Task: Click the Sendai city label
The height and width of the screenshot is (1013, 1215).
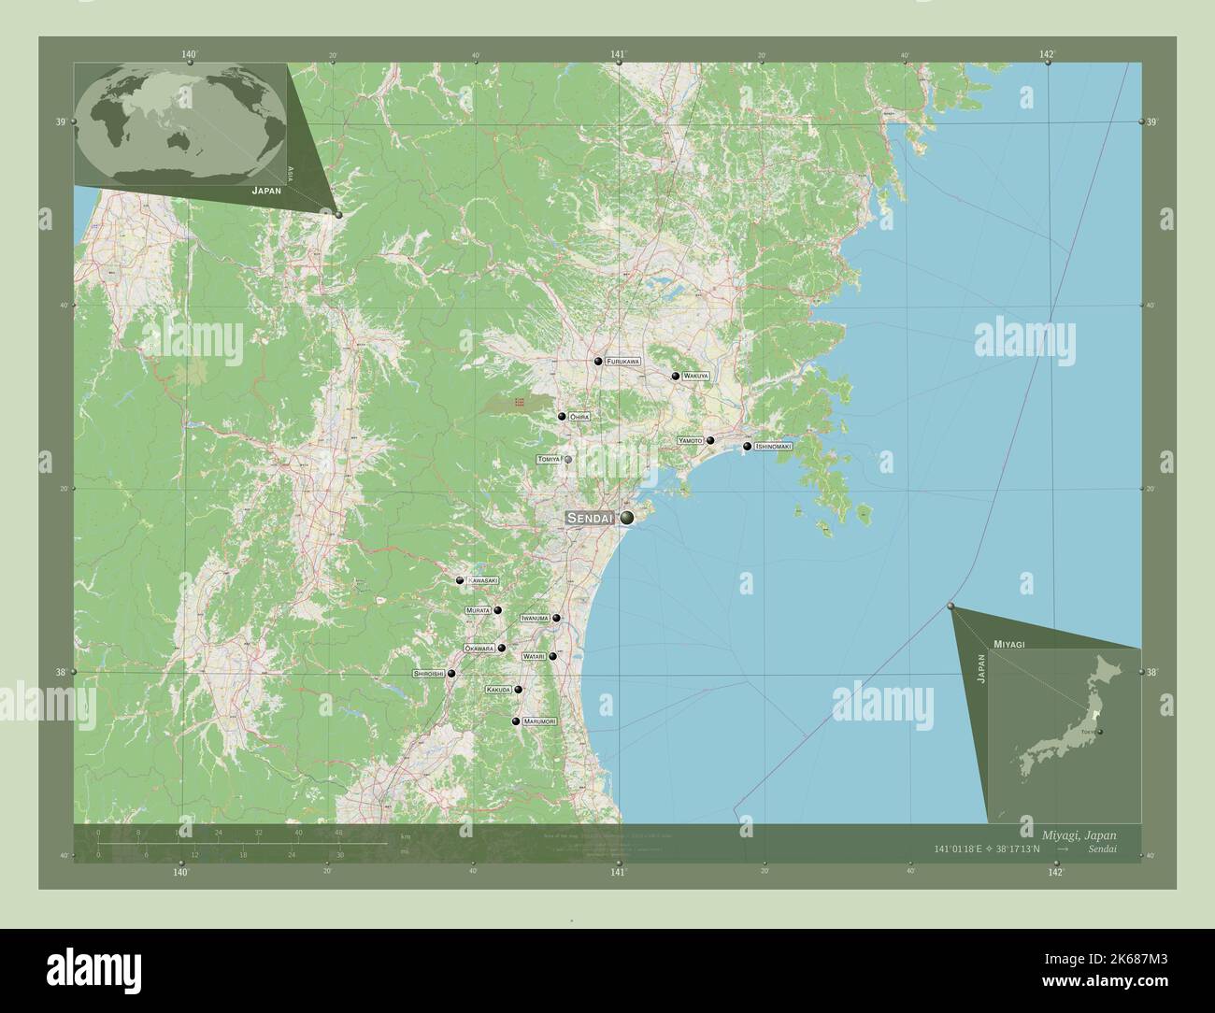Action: pos(590,518)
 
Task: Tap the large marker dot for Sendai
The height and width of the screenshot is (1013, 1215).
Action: pos(626,517)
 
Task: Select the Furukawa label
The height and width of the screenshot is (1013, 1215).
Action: pos(623,361)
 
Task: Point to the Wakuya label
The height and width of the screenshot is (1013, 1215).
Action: pos(695,376)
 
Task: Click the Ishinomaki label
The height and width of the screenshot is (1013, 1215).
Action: pos(773,447)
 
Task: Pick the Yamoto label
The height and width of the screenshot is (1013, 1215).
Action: pos(691,440)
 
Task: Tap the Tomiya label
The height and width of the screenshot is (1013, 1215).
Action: pos(549,460)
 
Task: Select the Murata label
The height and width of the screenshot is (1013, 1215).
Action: pos(478,610)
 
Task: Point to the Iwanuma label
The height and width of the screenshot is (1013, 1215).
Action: pos(535,619)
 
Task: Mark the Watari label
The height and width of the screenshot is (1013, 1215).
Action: pos(534,657)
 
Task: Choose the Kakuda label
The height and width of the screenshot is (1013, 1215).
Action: pos(498,690)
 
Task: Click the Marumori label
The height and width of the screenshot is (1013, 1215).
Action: pos(539,721)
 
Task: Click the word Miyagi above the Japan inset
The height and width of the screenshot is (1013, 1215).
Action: pos(1009,645)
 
